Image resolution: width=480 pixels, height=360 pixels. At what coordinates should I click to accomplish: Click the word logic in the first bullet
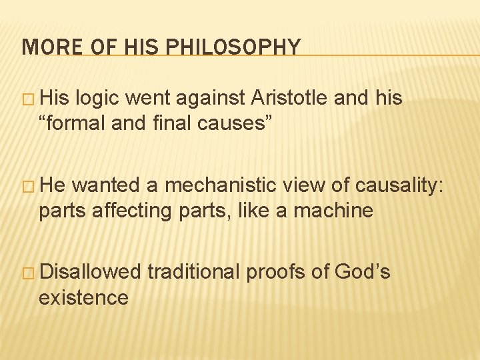99,97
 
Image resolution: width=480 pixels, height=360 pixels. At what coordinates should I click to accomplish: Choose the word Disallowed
90,272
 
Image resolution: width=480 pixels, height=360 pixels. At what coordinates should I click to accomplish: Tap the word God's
363,272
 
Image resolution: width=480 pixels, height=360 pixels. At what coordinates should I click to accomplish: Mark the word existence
83,297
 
